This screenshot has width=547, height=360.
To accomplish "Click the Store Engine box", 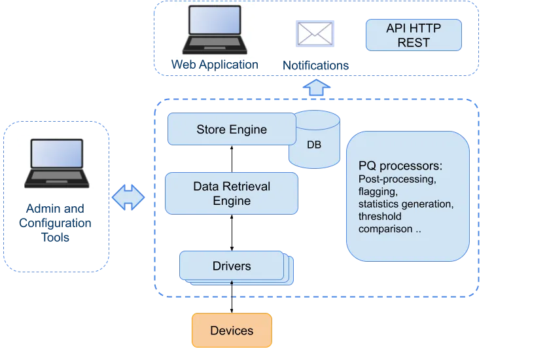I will (232, 129).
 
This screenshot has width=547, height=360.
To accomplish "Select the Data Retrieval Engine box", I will (232, 193).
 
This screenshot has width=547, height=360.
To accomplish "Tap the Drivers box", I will (232, 266).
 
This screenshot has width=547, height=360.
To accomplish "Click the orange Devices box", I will (232, 330).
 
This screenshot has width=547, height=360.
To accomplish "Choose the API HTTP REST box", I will (413, 35).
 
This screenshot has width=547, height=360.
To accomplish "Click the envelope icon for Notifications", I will (315, 32).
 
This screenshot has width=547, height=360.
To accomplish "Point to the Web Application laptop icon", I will (214, 29).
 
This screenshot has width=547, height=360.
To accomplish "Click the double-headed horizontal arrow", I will (128, 196).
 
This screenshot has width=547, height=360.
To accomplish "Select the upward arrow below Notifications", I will (317, 87).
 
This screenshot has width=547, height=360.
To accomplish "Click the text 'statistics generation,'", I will (406, 204).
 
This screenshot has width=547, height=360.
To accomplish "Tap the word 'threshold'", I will (380, 217).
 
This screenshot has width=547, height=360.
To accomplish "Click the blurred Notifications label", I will (316, 66).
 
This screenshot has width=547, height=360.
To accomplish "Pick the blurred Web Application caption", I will (214, 65).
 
